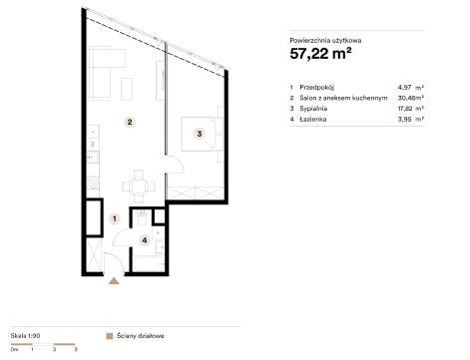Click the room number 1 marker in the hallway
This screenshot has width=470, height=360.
pos(115,218)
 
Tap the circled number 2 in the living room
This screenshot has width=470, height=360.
pos(130,122)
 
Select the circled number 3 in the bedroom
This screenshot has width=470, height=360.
pos(200,134)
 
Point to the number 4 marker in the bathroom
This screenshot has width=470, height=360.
pos(145,239)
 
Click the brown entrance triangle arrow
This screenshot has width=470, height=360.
pos(114,281)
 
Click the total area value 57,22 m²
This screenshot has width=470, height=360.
pos(320,54)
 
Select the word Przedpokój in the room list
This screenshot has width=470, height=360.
pos(316,88)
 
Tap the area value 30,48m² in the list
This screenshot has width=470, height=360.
pos(410,98)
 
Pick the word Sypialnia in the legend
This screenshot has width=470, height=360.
pos(313,109)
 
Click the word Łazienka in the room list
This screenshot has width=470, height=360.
pos(312,119)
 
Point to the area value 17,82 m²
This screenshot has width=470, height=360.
pos(410,109)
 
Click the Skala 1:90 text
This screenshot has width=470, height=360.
pos(25,336)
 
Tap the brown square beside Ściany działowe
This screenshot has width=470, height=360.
pos(109,336)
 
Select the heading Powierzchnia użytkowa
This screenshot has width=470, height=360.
pos(325,41)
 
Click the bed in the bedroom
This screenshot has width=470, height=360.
pos(198,134)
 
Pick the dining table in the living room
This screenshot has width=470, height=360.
pos(139,186)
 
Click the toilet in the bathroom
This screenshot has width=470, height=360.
pos(143,217)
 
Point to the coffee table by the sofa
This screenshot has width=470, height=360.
pos(127,89)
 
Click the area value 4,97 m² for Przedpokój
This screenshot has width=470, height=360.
pos(410,88)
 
